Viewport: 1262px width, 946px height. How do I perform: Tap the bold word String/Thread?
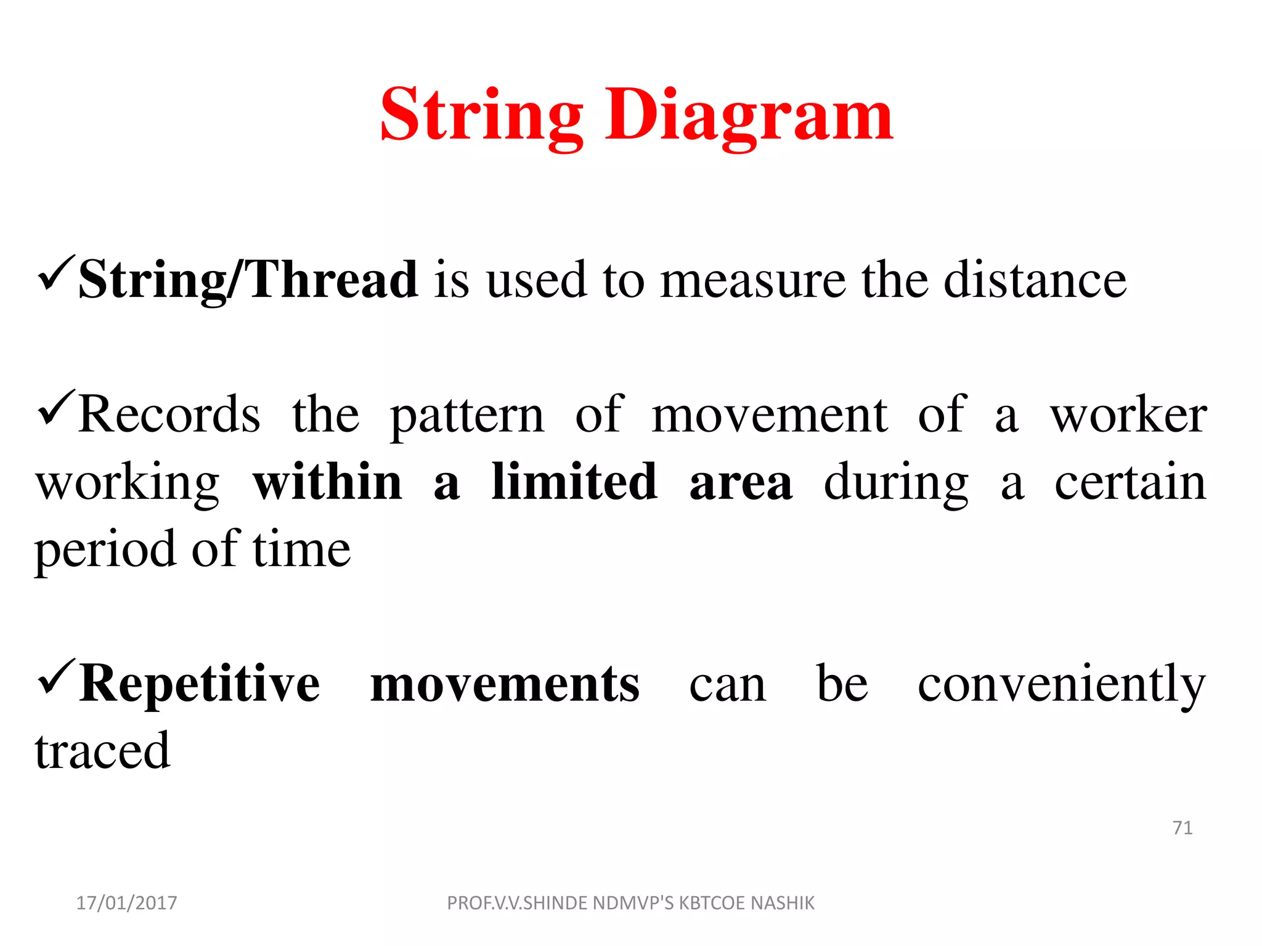pyautogui.click(x=248, y=280)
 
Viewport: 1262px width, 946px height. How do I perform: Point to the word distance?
pyautogui.click(x=1035, y=280)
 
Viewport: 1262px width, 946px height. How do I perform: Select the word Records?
pyautogui.click(x=169, y=414)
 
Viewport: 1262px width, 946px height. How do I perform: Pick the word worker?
pyautogui.click(x=1128, y=416)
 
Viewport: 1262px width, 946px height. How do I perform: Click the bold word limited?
pyautogui.click(x=574, y=482)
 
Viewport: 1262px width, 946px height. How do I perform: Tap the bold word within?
pyautogui.click(x=327, y=482)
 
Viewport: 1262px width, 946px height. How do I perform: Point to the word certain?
pyautogui.click(x=1130, y=482)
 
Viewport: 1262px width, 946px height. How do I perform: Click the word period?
pyautogui.click(x=105, y=550)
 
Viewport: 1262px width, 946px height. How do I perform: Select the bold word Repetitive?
pyautogui.click(x=200, y=684)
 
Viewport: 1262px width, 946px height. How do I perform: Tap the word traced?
pyautogui.click(x=102, y=751)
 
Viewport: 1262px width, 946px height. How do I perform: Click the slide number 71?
pyautogui.click(x=1182, y=828)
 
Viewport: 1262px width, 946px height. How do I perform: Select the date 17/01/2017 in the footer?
pyautogui.click(x=126, y=903)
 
